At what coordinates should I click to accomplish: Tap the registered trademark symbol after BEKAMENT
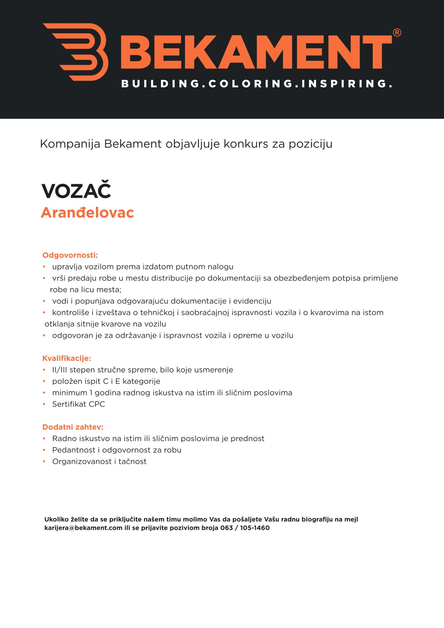397,33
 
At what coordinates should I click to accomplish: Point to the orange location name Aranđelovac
87,213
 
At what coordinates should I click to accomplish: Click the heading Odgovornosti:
70,255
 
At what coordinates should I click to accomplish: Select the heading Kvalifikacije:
66,358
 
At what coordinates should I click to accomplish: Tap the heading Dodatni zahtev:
73,427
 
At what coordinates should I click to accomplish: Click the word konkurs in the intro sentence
246,144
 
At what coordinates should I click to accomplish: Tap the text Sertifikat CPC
78,404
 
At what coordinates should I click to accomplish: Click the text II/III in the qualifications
59,370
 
